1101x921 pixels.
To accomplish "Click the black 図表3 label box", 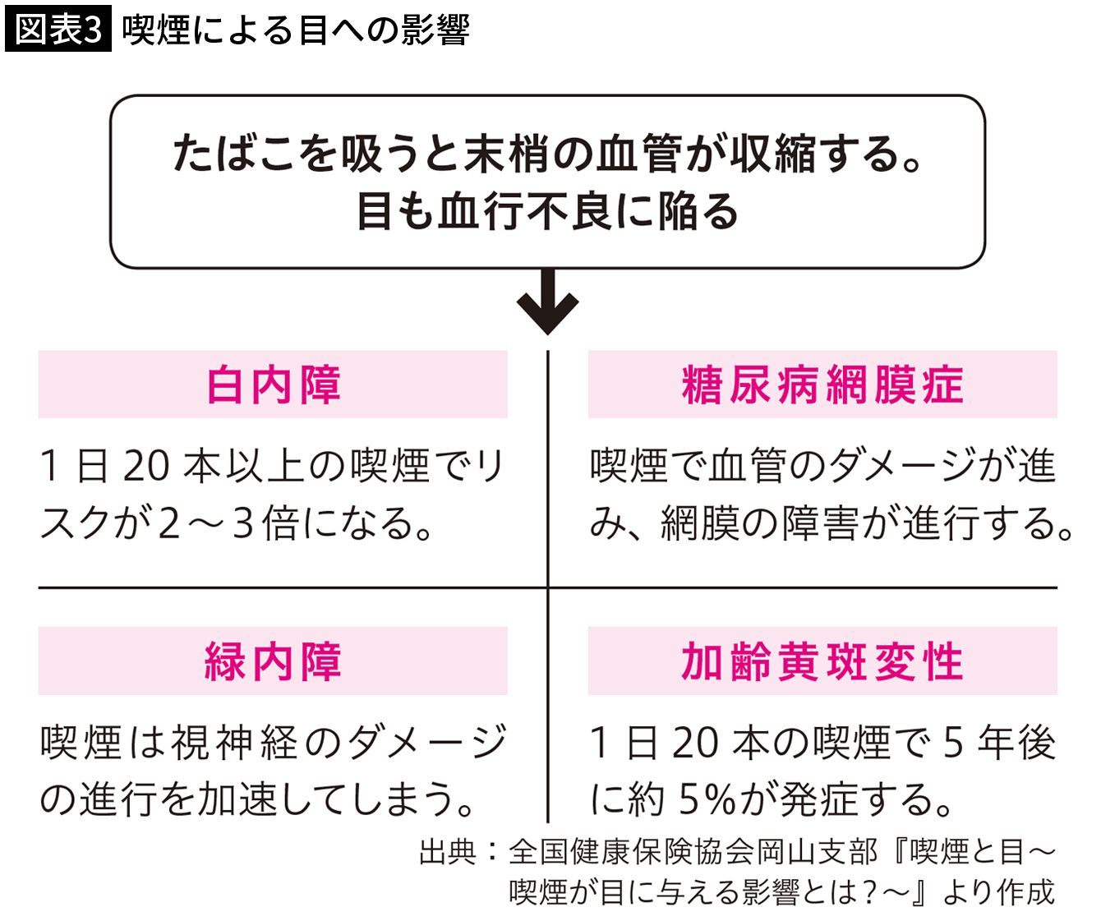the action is pos(58,29).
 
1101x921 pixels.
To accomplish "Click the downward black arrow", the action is pos(547,302).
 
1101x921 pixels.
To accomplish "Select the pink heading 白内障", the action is pos(274,385).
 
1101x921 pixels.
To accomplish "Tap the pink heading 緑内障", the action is pos(273,661).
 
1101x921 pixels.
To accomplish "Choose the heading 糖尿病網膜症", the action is pos(822,385).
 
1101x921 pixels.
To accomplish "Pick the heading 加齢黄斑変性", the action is pos(822,661).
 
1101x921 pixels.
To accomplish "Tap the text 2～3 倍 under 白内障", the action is pos(228,523).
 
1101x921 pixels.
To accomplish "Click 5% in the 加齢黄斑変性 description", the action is pos(707,799).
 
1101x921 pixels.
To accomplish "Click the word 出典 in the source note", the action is pos(448,852).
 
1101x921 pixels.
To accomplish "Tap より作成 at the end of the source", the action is pos(998,892).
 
